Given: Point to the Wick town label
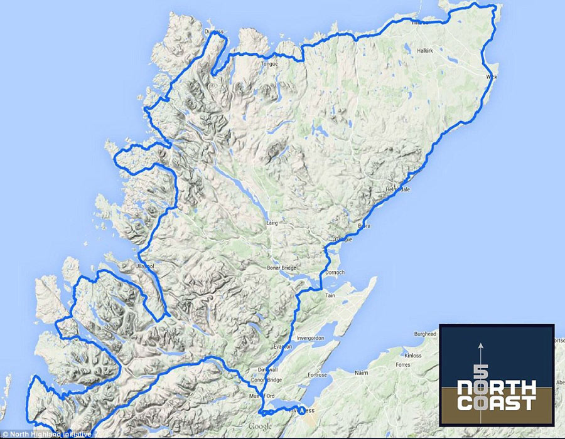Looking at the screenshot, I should [x=492, y=77].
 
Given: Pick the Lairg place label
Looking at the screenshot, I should [x=272, y=221].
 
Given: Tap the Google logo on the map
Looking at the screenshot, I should [x=259, y=427].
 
